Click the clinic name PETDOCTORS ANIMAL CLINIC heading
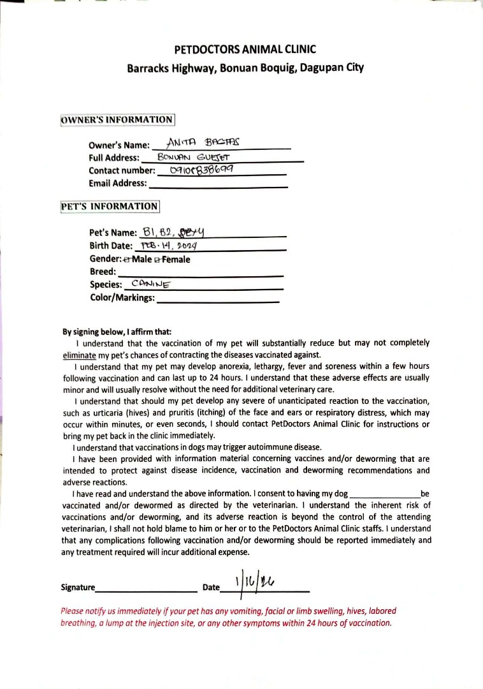(245, 49)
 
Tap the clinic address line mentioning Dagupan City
(245, 68)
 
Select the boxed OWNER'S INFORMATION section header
(117, 120)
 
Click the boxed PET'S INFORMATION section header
(110, 207)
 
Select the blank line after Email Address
(217, 185)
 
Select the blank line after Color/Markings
(218, 300)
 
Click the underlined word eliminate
(79, 355)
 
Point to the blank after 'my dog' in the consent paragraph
(385, 495)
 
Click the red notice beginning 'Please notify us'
(226, 616)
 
